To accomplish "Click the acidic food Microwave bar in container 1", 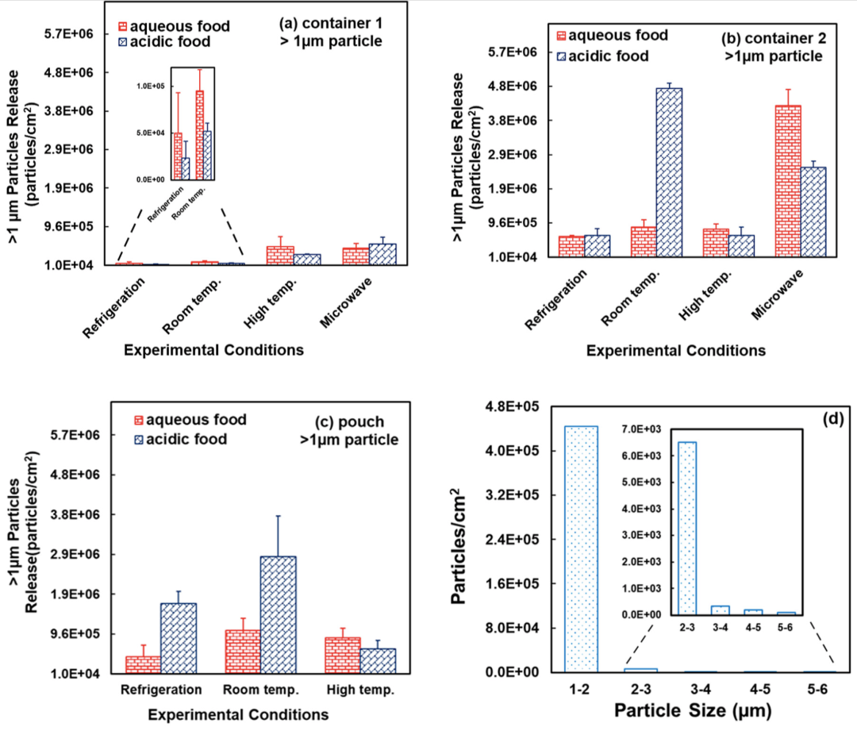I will point(382,254).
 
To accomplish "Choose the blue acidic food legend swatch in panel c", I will point(140,438).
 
